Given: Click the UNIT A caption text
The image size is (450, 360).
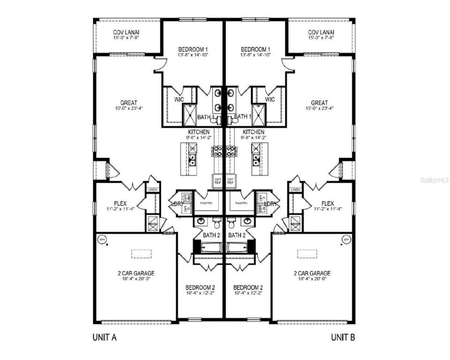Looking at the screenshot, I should [x=104, y=337].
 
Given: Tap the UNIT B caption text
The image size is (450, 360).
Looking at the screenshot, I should [x=343, y=337].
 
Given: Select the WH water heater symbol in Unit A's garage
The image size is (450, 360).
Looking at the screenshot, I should [x=102, y=239].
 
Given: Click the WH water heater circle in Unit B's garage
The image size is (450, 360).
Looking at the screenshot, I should [x=346, y=239].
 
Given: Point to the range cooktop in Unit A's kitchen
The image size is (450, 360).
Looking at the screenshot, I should [x=218, y=151].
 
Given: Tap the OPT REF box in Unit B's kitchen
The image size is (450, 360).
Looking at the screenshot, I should [x=231, y=181].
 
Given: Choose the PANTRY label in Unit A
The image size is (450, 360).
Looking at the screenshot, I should [x=207, y=203].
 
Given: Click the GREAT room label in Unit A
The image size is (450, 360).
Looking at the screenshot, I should [x=129, y=103].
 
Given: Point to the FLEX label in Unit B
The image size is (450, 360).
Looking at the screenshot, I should [x=328, y=204].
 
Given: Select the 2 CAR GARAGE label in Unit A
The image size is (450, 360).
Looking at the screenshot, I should [x=136, y=273].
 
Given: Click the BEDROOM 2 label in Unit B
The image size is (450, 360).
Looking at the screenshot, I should [x=248, y=287].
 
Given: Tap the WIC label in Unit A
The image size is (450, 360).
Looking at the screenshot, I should [x=179, y=99].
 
